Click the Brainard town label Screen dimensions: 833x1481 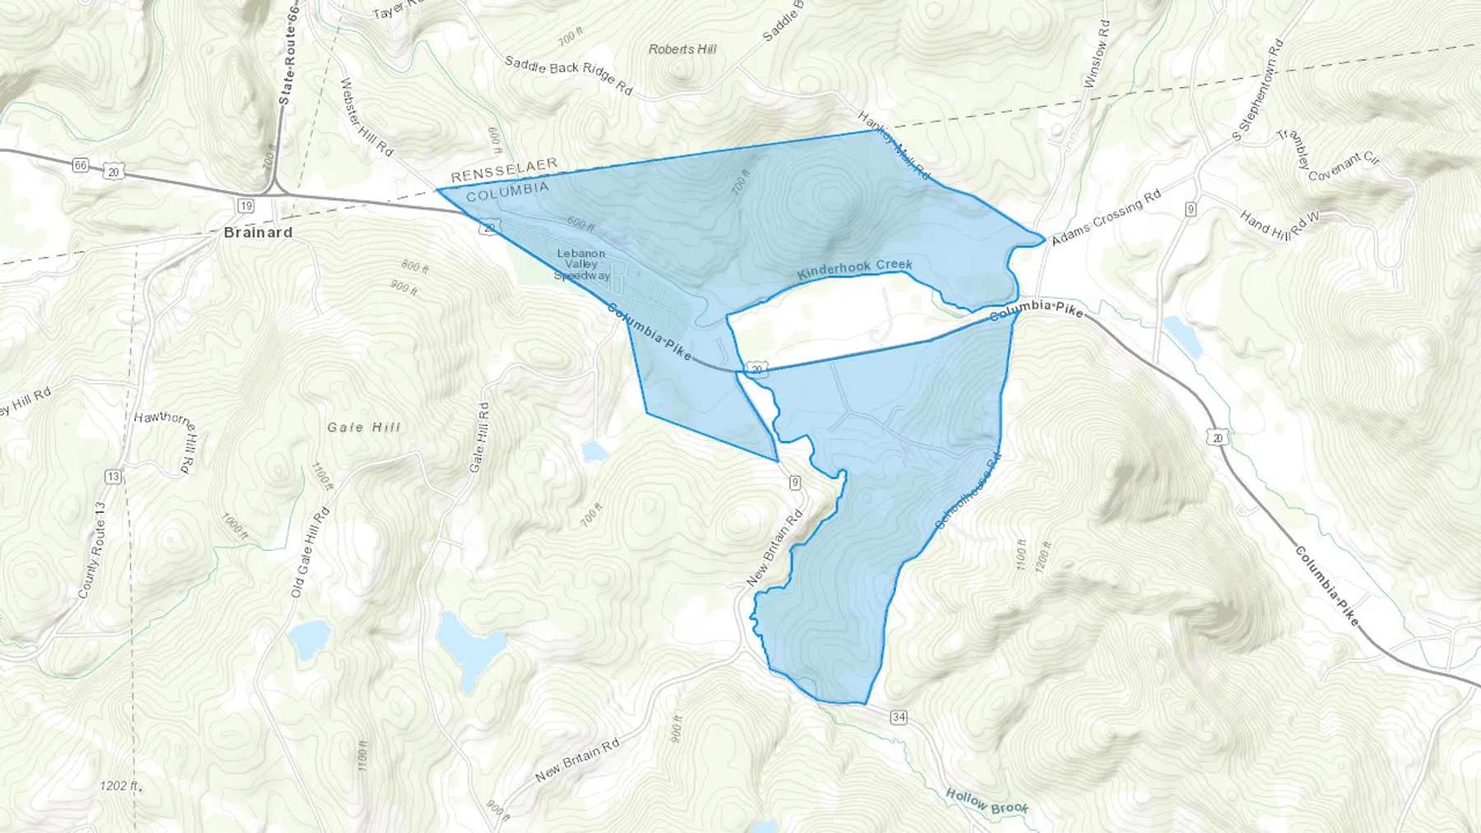258,233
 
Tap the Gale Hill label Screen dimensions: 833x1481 364,428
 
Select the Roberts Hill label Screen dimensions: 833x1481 682,49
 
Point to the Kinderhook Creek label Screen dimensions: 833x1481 855,269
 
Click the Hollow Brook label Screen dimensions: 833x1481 987,801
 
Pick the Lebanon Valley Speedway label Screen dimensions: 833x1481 582,265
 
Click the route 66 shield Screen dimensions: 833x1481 80,165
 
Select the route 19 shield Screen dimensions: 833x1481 245,206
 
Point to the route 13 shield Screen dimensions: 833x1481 113,477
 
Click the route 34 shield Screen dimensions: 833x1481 898,718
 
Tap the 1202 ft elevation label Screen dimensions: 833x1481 120,786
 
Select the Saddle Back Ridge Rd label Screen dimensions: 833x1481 568,76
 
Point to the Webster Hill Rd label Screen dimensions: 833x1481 366,117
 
